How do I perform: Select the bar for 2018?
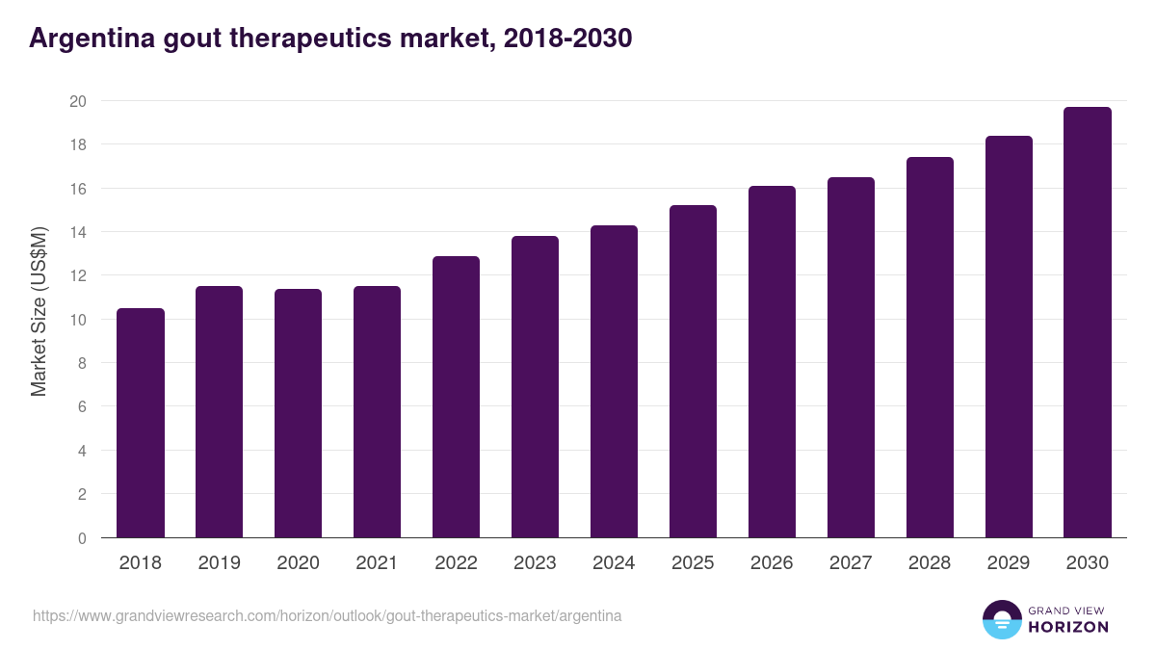pos(141,424)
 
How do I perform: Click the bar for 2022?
pos(456,397)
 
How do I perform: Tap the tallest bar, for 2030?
pos(1088,323)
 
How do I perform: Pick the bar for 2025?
pos(693,372)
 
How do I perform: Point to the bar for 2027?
pos(851,357)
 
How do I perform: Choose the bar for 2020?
pos(299,413)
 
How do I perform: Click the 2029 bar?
pos(1009,337)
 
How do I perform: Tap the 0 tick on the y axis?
pos(83,538)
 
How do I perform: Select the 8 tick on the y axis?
pos(83,363)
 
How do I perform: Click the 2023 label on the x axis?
pos(535,563)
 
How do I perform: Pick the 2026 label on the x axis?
pos(772,563)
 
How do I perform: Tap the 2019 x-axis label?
pos(220,563)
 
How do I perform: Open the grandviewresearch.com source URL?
pos(327,615)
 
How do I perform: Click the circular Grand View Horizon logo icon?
pos(1001,619)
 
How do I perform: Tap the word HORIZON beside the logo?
pos(1069,627)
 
